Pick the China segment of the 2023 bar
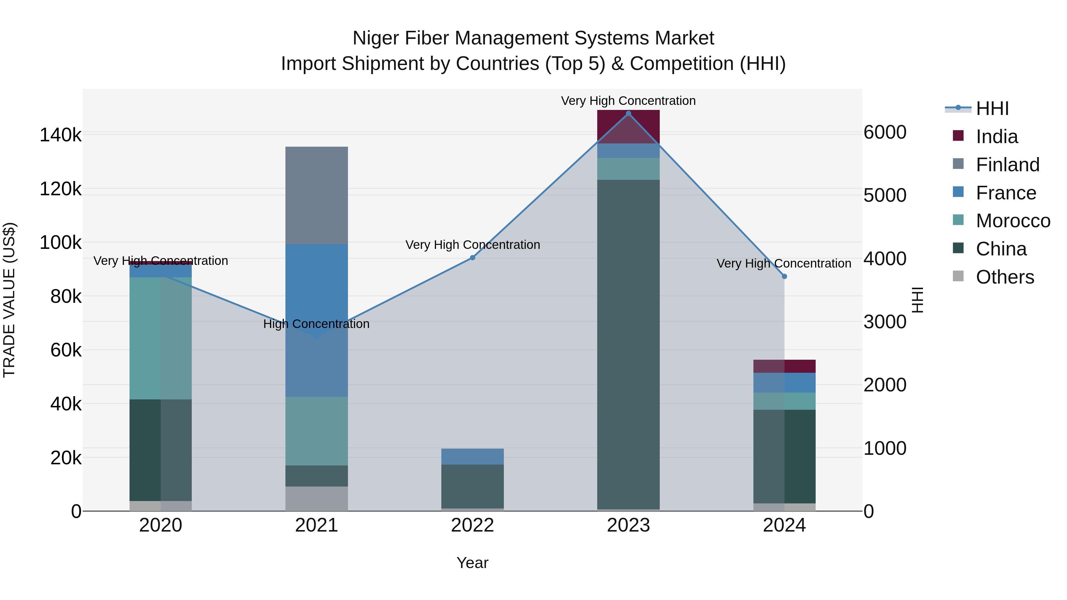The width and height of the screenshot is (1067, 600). click(628, 344)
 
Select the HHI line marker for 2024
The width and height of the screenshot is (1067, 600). click(784, 276)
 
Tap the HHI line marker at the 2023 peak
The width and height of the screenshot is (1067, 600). click(628, 113)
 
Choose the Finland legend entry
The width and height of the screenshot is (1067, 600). click(1007, 165)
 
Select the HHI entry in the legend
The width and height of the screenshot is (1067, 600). click(992, 108)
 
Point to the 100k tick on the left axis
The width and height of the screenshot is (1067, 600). click(60, 243)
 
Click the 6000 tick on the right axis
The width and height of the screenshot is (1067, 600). click(885, 132)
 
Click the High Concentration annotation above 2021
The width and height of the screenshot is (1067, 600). click(317, 324)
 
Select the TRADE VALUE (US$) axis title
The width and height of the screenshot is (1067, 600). click(9, 300)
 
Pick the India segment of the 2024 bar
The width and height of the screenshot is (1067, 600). click(784, 366)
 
